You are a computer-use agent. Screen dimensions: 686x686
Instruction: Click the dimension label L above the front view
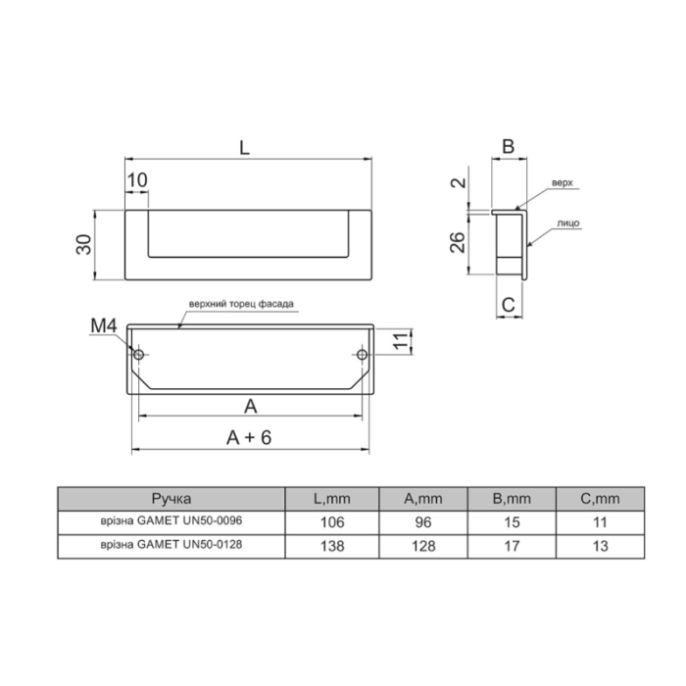[x=244, y=147]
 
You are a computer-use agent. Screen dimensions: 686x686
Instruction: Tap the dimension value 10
[x=137, y=179]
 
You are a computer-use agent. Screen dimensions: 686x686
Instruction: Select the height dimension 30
[x=84, y=245]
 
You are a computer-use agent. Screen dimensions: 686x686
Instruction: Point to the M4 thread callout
[x=104, y=326]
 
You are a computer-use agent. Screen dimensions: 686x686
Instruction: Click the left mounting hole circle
[x=139, y=355]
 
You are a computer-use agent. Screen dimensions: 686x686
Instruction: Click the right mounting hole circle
[x=362, y=355]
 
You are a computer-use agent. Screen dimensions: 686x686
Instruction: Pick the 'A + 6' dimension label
[x=249, y=437]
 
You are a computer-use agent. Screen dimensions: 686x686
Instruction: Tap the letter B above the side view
[x=508, y=147]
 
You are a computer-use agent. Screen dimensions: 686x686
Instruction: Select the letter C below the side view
[x=509, y=305]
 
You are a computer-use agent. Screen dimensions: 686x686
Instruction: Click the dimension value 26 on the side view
[x=458, y=242]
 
